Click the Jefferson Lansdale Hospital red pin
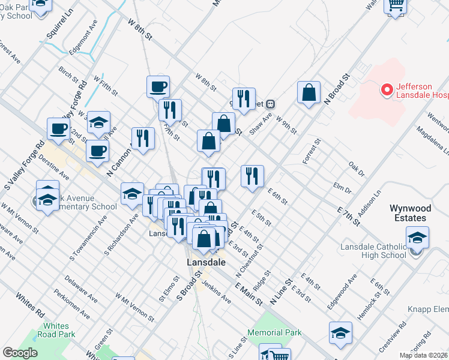coord(387,91)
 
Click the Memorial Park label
coord(274,332)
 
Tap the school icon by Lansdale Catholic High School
coord(417,238)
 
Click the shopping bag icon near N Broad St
coord(309,93)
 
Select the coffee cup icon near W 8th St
coord(158,86)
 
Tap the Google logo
coord(20,353)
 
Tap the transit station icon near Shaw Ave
coord(271,103)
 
